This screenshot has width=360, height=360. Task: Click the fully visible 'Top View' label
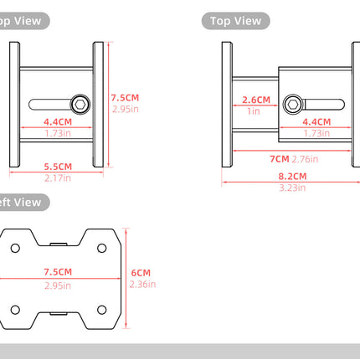(235, 21)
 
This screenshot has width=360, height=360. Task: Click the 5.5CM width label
(58, 166)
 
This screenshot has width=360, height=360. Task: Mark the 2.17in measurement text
(58, 177)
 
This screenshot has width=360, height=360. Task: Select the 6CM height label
(141, 272)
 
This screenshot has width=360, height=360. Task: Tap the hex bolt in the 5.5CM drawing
(80, 104)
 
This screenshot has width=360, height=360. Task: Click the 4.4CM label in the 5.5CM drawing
(58, 121)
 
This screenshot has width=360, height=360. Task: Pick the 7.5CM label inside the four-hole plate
(58, 272)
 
